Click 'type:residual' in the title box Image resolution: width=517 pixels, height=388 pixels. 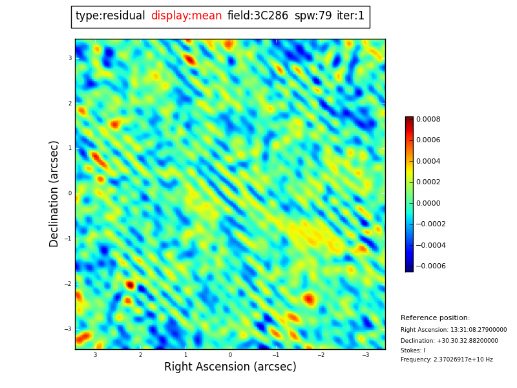pos(110,16)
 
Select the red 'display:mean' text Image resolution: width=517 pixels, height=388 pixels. pos(186,16)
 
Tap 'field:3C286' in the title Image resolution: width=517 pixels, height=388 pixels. pos(258,16)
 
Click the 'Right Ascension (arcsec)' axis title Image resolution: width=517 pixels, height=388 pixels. pos(230,367)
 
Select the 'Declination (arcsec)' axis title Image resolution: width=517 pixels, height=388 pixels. pos(54,193)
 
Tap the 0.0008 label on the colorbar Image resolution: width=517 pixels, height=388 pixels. pos(428,119)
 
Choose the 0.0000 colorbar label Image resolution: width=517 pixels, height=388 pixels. pos(428,203)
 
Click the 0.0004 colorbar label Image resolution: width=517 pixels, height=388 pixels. pos(428,161)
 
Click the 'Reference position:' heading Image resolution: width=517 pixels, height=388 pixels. pos(435,318)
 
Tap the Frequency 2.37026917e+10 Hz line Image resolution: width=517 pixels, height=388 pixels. pos(447,360)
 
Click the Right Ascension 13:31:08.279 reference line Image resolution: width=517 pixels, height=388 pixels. pos(454,330)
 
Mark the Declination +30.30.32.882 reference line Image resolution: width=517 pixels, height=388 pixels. pos(449,341)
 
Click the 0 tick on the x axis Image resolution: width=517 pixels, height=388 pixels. pos(230,355)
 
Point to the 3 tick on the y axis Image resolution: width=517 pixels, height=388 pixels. pos(70,58)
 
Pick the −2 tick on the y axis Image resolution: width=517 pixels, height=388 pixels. pos(68,284)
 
